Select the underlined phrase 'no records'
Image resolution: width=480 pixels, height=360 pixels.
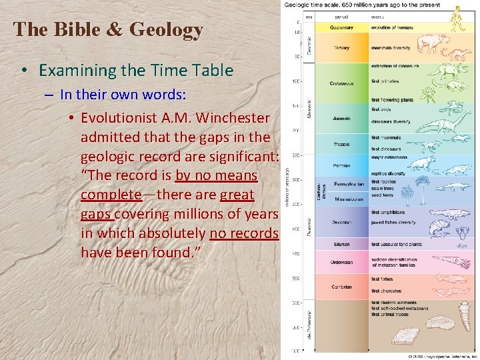coord(244,233)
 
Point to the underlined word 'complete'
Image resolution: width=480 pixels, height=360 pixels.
coord(111,195)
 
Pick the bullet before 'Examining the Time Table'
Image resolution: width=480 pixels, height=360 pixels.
coord(23,71)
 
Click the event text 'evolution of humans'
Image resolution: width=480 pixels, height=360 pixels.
coord(393,27)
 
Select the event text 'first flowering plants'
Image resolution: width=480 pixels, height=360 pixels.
coord(393,99)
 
